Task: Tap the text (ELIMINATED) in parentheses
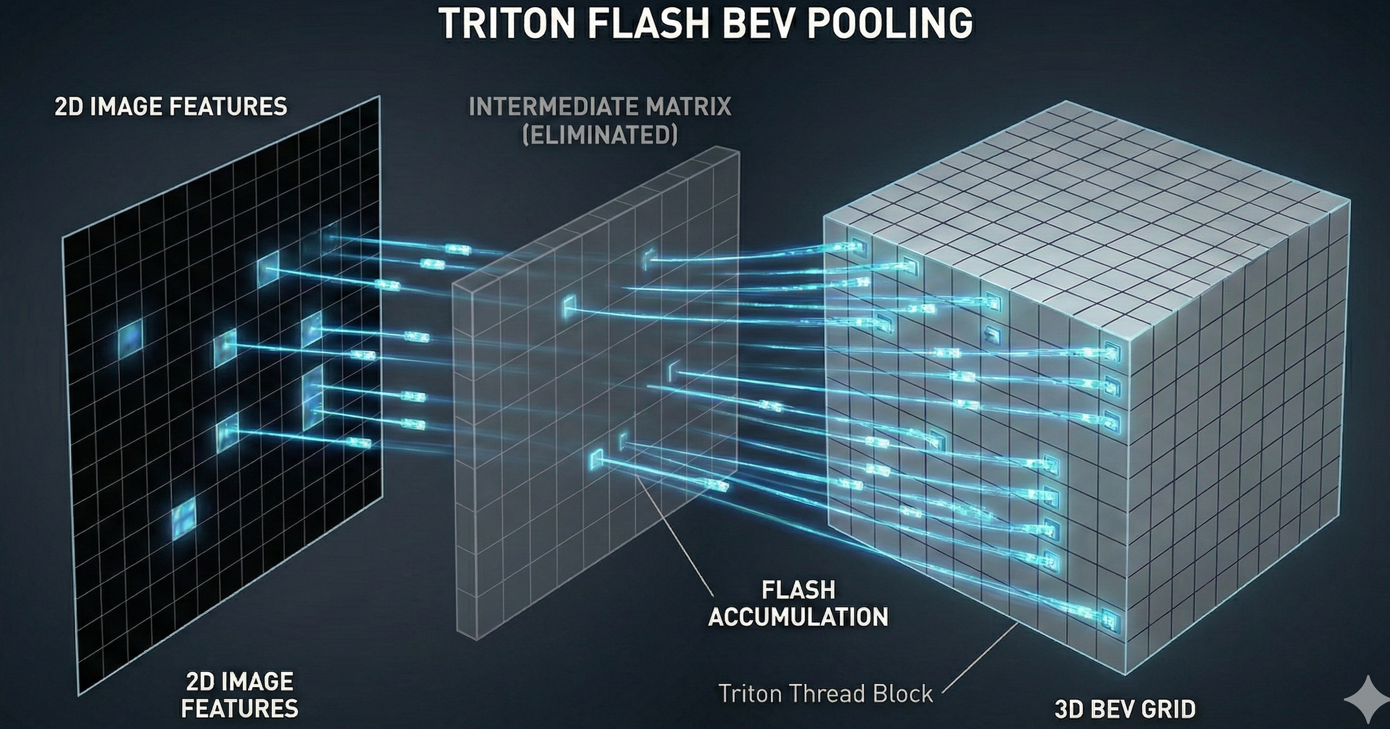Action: coord(599,135)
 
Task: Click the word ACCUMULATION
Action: coord(798,617)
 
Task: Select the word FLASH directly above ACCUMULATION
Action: coord(798,591)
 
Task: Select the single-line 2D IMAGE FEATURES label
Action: coord(171,107)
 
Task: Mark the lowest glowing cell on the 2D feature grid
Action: coord(184,517)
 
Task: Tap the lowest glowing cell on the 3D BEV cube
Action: coord(1109,620)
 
